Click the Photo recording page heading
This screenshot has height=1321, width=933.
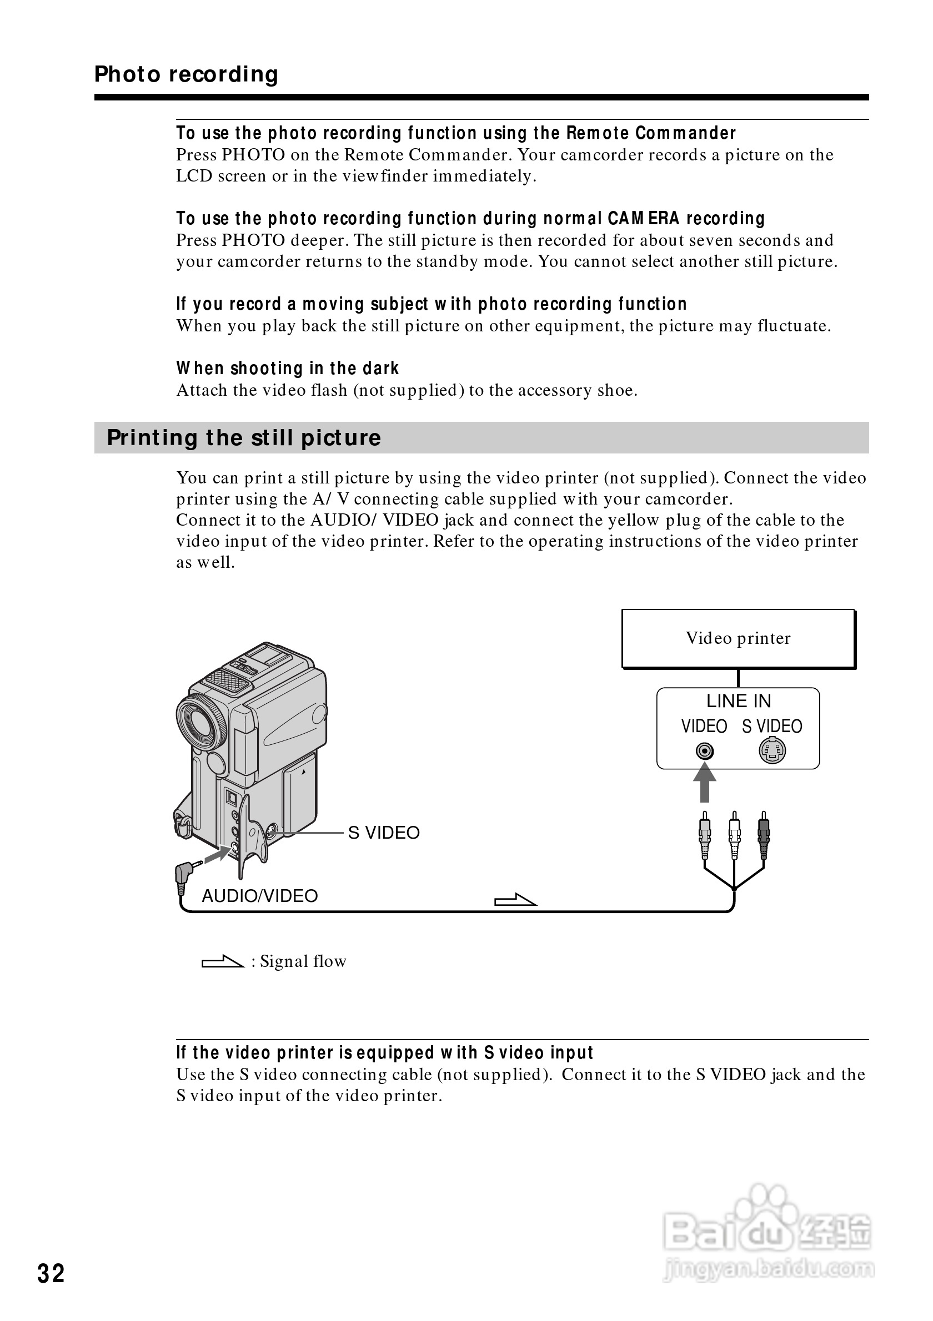tap(186, 74)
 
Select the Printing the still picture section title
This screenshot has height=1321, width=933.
tap(244, 438)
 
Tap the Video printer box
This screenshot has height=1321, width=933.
tap(738, 638)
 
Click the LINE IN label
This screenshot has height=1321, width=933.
tap(739, 701)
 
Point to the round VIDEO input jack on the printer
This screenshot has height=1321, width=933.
tap(705, 751)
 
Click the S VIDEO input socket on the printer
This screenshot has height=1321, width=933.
tap(772, 750)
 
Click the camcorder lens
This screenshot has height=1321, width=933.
tap(199, 722)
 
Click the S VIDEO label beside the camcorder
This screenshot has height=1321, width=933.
tap(384, 833)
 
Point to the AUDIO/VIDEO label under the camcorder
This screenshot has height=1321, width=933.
tap(259, 896)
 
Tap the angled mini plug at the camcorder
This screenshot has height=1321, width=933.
tap(185, 875)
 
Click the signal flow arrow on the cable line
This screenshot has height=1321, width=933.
tap(515, 899)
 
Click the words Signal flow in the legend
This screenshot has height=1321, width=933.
tap(303, 961)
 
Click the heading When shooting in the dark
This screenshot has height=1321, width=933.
tap(287, 368)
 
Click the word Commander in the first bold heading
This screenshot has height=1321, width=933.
tap(685, 133)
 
